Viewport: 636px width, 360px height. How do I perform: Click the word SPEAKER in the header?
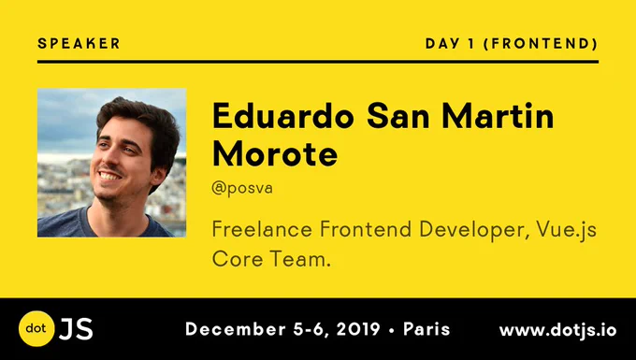coord(79,43)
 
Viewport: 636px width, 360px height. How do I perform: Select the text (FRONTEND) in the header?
coord(541,43)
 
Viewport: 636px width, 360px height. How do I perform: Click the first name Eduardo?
coord(283,116)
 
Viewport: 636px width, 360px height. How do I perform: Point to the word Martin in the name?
coord(498,116)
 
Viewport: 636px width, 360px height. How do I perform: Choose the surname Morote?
coord(275,154)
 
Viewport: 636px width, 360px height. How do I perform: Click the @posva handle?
coord(242,188)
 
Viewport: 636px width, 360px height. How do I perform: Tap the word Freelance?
coord(262,229)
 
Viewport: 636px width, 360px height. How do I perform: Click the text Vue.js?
coord(566,231)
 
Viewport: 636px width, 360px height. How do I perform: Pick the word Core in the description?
coord(238,259)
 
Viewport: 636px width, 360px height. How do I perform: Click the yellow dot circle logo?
coord(36,328)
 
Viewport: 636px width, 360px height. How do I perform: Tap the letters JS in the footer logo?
coord(76,329)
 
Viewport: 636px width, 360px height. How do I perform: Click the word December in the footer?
coord(236,329)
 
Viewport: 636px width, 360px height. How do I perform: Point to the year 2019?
coord(357,329)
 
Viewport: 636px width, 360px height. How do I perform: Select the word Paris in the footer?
coord(426,329)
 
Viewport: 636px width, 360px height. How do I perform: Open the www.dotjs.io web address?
coord(557,330)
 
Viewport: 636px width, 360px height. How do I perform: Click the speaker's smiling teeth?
coord(110,176)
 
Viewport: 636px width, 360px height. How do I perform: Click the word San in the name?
coord(397,116)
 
